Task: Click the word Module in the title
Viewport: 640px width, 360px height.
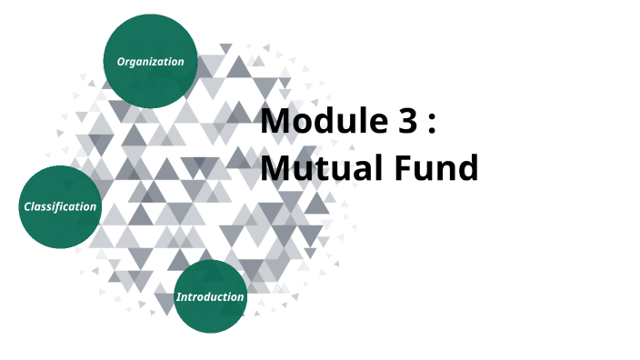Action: click(323, 122)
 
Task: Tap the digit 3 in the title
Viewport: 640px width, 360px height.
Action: click(408, 122)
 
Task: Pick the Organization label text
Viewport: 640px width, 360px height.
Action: click(150, 62)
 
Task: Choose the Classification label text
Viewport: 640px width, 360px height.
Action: click(60, 206)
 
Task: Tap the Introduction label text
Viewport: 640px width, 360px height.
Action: click(210, 297)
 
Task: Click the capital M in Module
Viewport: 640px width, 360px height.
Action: click(276, 122)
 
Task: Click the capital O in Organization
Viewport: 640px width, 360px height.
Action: click(121, 62)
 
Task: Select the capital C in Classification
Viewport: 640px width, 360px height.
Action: click(27, 206)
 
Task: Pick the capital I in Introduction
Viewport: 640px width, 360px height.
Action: click(178, 297)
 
